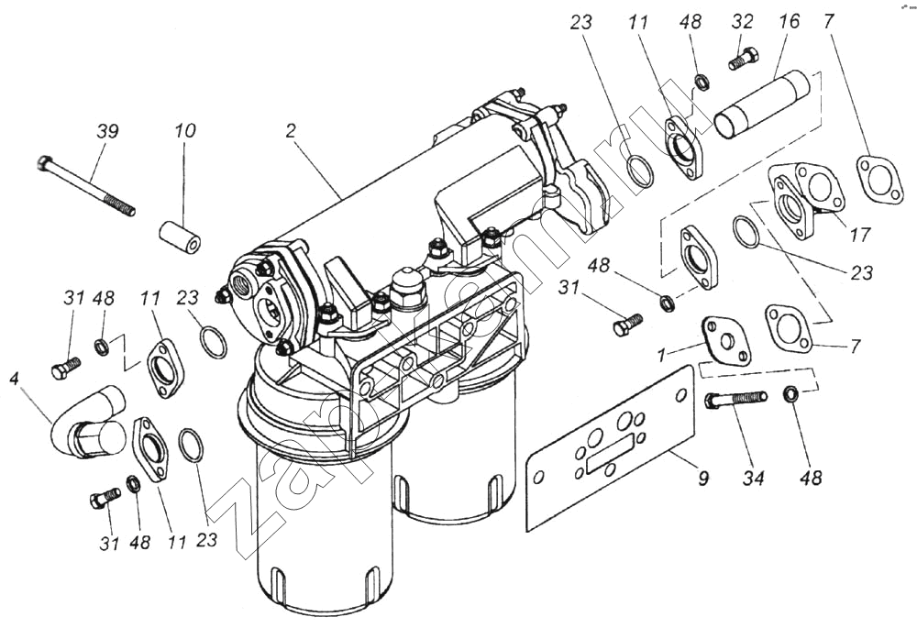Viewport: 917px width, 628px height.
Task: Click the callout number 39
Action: point(107,131)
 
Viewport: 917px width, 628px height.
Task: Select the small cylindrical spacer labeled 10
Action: point(181,236)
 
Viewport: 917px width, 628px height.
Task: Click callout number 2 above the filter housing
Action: point(291,131)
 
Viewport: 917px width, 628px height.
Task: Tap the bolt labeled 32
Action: point(741,60)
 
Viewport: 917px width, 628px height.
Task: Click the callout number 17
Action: point(858,235)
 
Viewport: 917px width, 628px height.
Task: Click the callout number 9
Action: point(702,478)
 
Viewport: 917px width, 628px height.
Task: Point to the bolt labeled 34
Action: point(735,400)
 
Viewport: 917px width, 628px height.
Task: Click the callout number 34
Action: point(751,478)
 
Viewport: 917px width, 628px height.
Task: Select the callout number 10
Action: point(184,131)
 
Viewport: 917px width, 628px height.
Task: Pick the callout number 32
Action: point(742,23)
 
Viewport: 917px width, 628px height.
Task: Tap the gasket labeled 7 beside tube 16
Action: point(876,178)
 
